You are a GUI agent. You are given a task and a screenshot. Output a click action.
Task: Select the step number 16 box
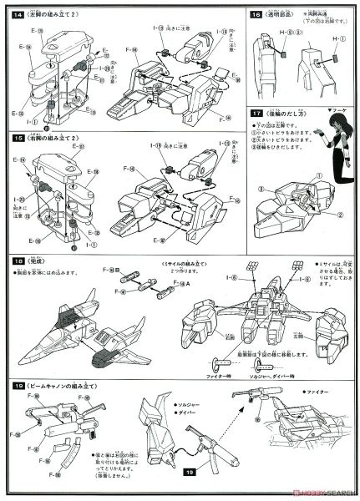pos(256,14)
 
